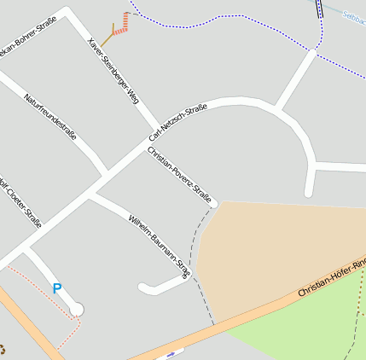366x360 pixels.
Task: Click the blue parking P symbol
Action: pyautogui.click(x=57, y=289)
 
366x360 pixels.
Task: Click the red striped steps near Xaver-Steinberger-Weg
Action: pyautogui.click(x=123, y=25)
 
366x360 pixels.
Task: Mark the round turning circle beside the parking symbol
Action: pyautogui.click(x=77, y=309)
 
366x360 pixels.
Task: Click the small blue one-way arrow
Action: pyautogui.click(x=172, y=353)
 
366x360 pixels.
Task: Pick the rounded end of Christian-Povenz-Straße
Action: pyautogui.click(x=213, y=203)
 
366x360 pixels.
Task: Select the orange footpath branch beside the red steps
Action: pyautogui.click(x=107, y=39)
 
